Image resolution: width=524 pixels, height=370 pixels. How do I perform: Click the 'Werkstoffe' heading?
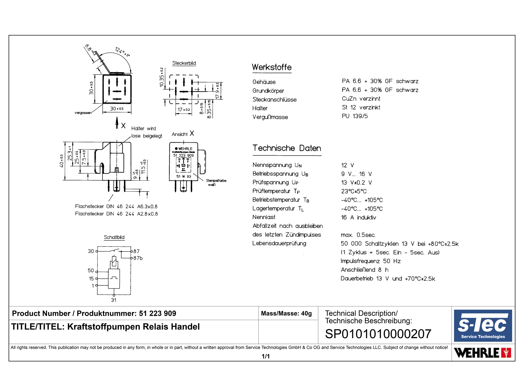pyautogui.click(x=271, y=67)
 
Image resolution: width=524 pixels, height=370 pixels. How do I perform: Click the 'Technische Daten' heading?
pyautogui.click(x=287, y=148)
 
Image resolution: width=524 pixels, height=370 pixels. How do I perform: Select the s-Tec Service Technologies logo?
pyautogui.click(x=483, y=326)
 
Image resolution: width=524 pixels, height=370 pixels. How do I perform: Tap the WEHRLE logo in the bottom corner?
pyautogui.click(x=482, y=353)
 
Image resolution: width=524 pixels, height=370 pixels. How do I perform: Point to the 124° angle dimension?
pyautogui.click(x=122, y=52)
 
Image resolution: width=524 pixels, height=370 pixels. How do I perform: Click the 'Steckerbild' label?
pyautogui.click(x=184, y=63)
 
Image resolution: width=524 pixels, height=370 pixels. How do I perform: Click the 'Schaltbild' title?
pyautogui.click(x=114, y=237)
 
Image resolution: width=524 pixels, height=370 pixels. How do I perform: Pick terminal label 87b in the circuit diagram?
pyautogui.click(x=138, y=258)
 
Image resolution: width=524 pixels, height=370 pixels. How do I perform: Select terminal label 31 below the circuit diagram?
pyautogui.click(x=114, y=300)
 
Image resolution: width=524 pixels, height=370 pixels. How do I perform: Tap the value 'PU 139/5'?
pyautogui.click(x=355, y=116)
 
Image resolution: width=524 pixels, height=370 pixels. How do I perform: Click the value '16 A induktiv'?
pyautogui.click(x=358, y=217)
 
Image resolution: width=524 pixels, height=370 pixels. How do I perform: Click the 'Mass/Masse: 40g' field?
pyautogui.click(x=286, y=313)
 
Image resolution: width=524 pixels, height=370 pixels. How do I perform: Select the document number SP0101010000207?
pyautogui.click(x=378, y=334)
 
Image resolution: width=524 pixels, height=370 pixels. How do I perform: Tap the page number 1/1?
pyautogui.click(x=266, y=356)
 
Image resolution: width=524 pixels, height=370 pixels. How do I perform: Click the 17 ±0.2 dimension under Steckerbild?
pyautogui.click(x=183, y=110)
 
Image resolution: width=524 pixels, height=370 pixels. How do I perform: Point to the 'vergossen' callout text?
pyautogui.click(x=83, y=113)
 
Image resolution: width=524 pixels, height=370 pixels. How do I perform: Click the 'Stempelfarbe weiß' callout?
pyautogui.click(x=216, y=183)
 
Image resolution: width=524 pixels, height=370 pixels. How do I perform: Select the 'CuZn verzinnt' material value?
pyautogui.click(x=361, y=99)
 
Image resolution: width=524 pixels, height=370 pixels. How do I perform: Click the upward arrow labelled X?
pyautogui.click(x=117, y=123)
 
